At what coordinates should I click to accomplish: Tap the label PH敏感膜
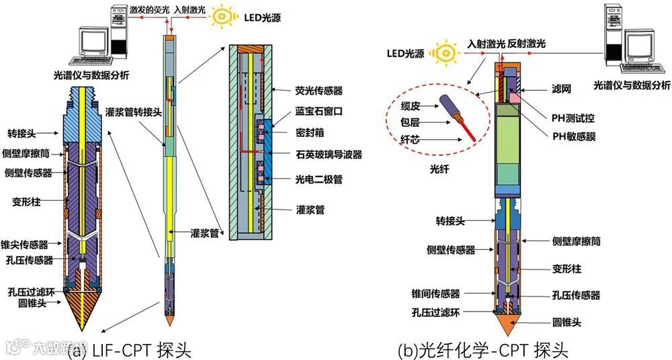pos(574,136)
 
